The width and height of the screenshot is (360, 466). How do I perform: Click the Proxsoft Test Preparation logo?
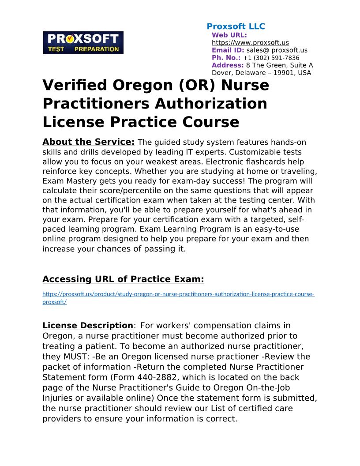(x=83, y=43)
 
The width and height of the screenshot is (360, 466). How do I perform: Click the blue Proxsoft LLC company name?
(x=236, y=26)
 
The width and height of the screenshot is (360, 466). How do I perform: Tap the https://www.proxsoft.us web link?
(x=250, y=43)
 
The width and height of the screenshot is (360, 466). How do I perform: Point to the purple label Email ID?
(x=228, y=50)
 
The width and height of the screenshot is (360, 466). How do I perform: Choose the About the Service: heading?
(x=88, y=142)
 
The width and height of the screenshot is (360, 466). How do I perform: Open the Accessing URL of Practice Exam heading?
(x=123, y=279)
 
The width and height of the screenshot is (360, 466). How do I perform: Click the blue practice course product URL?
(x=178, y=294)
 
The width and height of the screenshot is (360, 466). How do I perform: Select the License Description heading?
(x=87, y=326)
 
